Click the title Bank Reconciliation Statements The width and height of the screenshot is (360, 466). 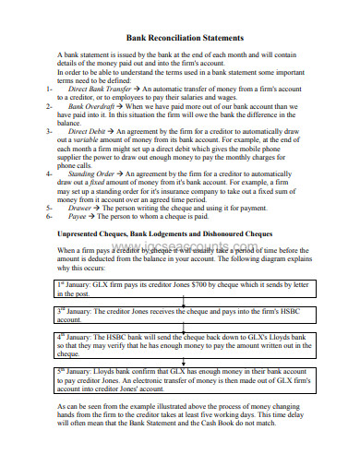click(184, 38)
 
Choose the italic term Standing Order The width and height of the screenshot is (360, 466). click(92, 173)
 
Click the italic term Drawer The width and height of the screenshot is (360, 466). click(80, 209)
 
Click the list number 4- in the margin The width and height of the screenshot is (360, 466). click(48, 173)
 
